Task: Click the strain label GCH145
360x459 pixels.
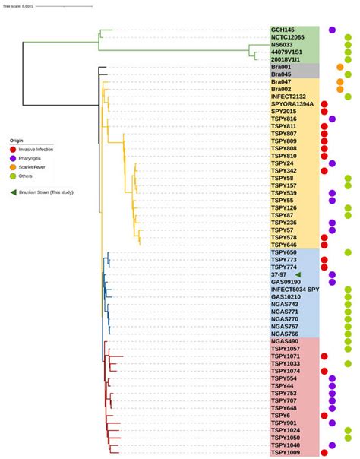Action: tap(283, 30)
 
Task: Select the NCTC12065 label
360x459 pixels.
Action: tap(287, 37)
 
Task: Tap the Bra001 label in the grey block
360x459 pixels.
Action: tap(281, 67)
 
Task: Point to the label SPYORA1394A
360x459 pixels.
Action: tap(292, 104)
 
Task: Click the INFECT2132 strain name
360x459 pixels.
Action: tap(288, 97)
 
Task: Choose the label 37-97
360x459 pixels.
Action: tap(279, 274)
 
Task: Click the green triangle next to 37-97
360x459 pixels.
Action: tap(298, 274)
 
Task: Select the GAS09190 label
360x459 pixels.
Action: tap(286, 281)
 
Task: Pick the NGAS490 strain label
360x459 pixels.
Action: tap(285, 340)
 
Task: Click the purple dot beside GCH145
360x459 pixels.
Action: tap(332, 30)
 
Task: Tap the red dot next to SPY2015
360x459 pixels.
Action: tap(324, 112)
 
